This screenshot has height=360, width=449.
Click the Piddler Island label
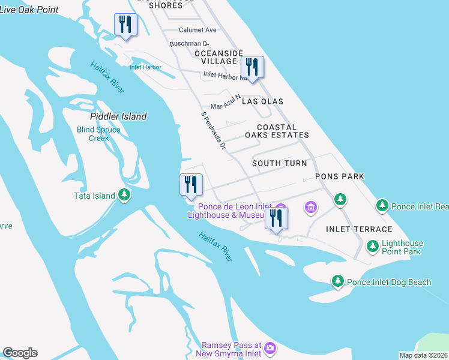click(x=118, y=116)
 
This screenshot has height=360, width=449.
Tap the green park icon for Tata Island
click(x=124, y=194)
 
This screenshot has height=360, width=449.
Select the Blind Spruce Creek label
click(x=99, y=134)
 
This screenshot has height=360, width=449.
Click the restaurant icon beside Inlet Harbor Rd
click(x=252, y=67)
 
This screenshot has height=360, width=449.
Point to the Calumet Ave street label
click(x=197, y=30)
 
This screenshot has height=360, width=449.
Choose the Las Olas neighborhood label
click(x=262, y=101)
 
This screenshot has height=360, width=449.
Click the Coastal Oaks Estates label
click(x=282, y=131)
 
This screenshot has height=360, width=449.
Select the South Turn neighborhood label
click(x=279, y=163)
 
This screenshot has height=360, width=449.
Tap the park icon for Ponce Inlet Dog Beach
click(x=338, y=281)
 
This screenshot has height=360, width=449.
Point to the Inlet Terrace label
click(x=359, y=229)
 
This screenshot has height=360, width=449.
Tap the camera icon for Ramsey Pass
click(x=270, y=347)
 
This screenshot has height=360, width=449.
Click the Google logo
click(x=20, y=353)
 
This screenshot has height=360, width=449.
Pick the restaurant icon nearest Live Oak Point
click(x=125, y=25)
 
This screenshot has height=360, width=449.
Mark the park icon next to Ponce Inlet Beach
click(x=382, y=206)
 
